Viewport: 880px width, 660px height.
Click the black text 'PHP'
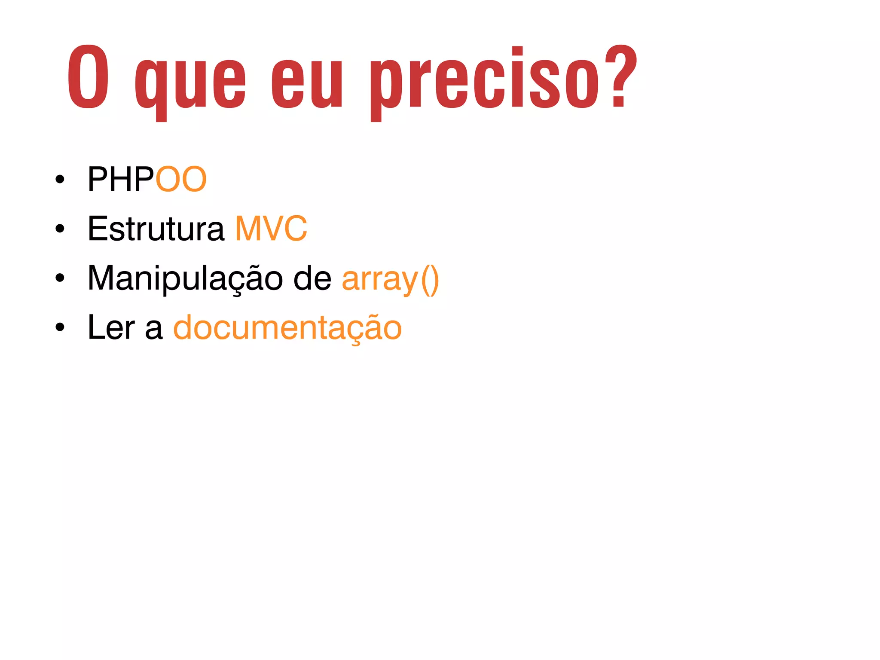tap(121, 179)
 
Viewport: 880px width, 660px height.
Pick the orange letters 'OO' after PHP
tap(181, 179)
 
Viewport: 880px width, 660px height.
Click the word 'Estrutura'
tap(156, 229)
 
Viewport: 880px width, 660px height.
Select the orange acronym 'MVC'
tap(271, 229)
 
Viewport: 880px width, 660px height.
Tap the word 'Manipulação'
tap(185, 278)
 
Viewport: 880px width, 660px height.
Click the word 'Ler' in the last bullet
tap(111, 327)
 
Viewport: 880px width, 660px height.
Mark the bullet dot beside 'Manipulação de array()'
tap(60, 278)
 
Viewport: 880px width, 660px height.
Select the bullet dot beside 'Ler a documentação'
tap(60, 328)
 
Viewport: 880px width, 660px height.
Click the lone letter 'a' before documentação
tap(154, 329)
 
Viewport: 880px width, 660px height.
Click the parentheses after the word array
tap(430, 280)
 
